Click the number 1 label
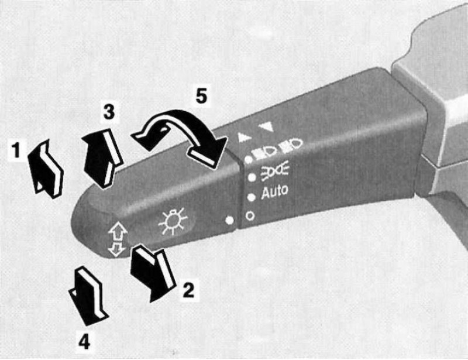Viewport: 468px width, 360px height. pos(16,150)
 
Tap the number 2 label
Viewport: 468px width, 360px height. pos(188,289)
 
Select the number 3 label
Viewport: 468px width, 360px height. pos(109,112)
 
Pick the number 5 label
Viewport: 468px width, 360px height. pos(201,95)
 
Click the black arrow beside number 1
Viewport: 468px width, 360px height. pos(46,169)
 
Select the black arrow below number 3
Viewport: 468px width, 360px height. pos(102,157)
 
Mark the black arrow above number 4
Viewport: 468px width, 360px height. pos(88,296)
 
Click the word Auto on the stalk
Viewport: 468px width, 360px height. pos(274,191)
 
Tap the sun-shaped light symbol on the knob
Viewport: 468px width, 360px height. pos(173,221)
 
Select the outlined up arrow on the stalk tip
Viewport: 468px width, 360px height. pos(118,231)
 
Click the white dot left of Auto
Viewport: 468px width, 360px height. pos(252,197)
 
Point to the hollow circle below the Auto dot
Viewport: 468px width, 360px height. pos(250,215)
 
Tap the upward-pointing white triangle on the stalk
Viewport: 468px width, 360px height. pos(245,137)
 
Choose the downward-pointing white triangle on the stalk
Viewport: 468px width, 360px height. pos(266,127)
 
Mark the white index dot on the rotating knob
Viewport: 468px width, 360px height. pos(229,220)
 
